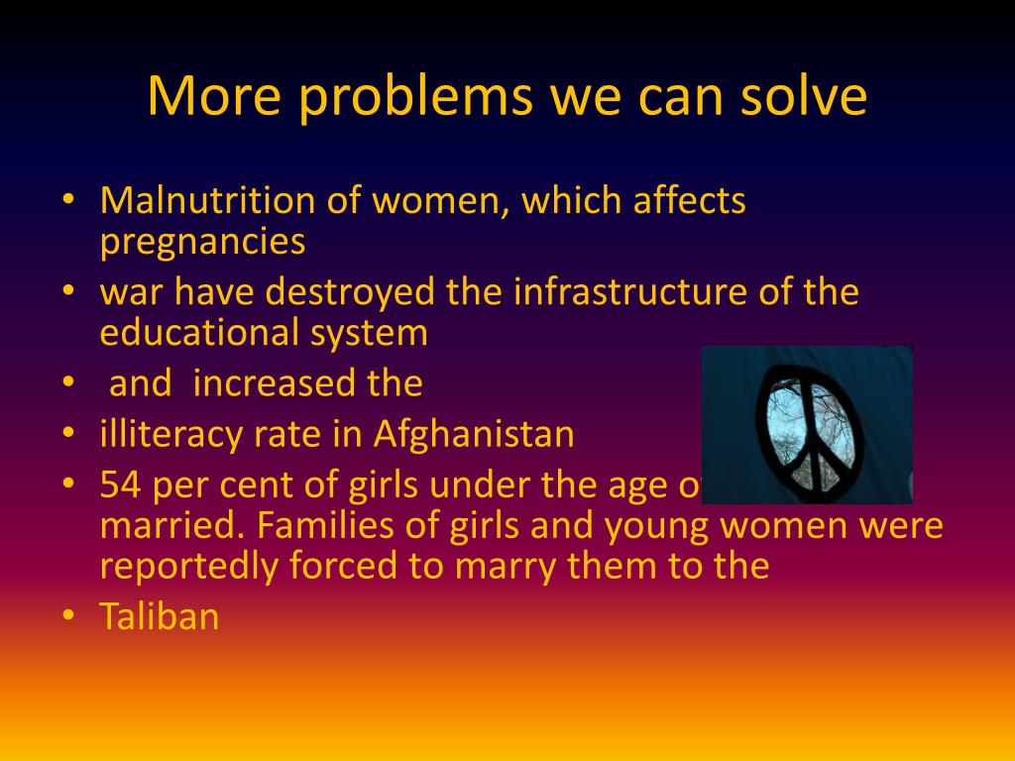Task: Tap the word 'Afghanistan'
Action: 474,434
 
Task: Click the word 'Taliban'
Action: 159,616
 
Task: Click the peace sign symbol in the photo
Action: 806,423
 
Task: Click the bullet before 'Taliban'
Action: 67,615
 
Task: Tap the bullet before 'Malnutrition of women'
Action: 67,201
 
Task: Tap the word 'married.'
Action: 171,526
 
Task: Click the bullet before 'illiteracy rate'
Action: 67,434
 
